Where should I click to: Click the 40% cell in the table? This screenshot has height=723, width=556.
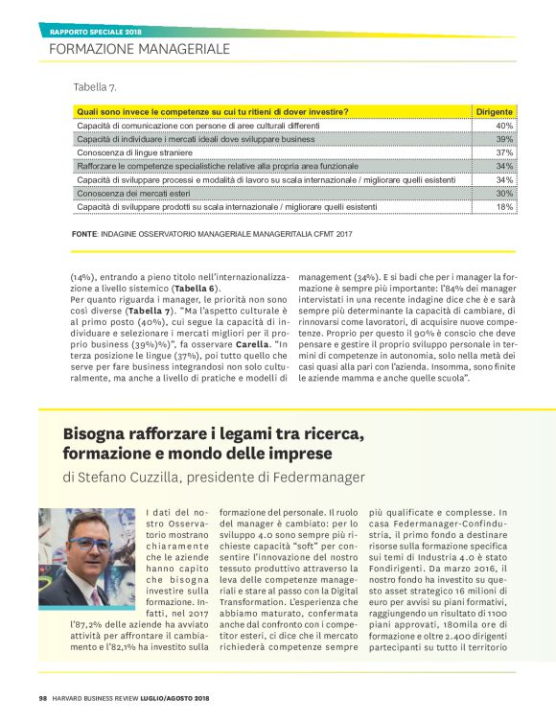coord(504,126)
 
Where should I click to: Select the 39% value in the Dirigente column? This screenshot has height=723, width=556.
coord(504,139)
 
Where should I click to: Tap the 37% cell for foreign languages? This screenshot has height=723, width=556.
coord(504,152)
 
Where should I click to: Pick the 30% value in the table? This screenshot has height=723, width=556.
coord(504,193)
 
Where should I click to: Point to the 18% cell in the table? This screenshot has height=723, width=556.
coord(504,206)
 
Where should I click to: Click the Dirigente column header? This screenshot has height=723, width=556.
coord(495,111)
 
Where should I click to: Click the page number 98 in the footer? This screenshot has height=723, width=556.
coord(43,697)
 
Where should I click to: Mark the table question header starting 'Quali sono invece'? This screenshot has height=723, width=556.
coord(212,111)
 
